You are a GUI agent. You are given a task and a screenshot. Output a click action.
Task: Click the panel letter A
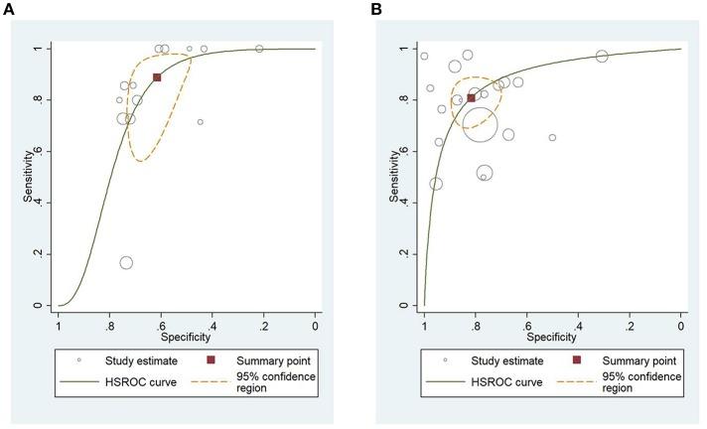click(x=9, y=9)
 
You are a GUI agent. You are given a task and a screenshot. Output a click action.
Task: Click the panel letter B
click(x=375, y=9)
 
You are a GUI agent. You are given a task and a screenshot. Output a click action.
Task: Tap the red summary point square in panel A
click(x=157, y=77)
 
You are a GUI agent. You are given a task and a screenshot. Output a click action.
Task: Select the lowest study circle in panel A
click(x=126, y=262)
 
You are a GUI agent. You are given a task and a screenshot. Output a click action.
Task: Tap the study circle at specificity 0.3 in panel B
click(x=602, y=57)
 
